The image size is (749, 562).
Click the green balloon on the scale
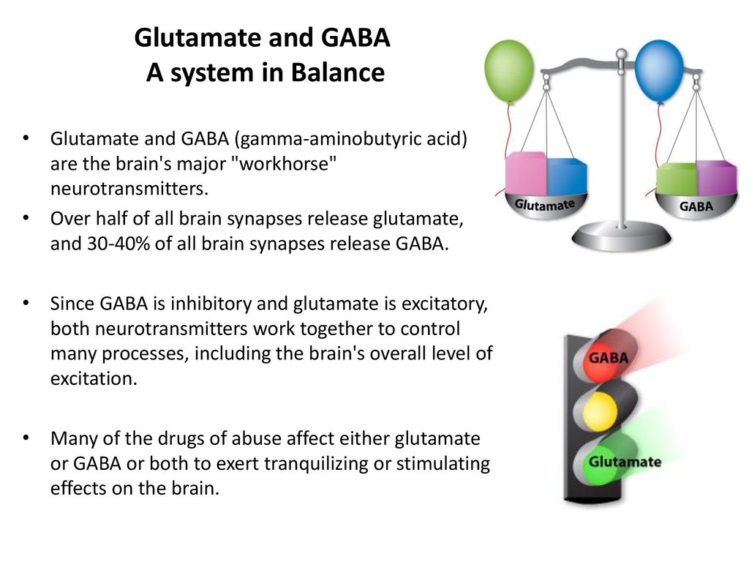point(509,71)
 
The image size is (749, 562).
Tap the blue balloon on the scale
point(659,71)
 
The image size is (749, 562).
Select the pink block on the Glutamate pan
point(526,173)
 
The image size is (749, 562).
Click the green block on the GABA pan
point(677,179)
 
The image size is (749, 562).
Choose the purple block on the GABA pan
point(717,178)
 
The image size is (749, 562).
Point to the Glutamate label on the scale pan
point(544,205)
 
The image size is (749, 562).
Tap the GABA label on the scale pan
point(696,206)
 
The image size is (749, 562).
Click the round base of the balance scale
point(622,236)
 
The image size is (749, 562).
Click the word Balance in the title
point(338,72)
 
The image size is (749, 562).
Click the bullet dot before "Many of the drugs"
point(26,438)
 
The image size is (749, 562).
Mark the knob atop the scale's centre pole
point(621,53)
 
